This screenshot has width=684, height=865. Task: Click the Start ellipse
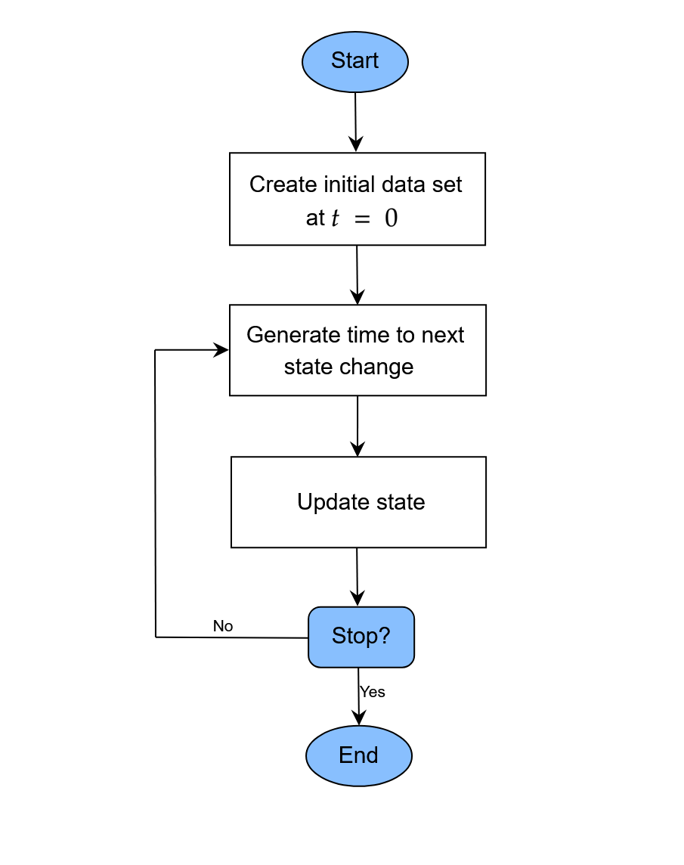[x=355, y=61]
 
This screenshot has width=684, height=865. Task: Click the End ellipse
[x=359, y=755]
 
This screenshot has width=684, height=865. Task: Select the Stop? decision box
[x=361, y=637]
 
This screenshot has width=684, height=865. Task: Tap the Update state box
[x=358, y=502]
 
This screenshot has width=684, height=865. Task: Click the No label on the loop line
[x=223, y=626]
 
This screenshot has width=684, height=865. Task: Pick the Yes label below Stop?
[x=373, y=692]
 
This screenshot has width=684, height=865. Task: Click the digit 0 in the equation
[x=391, y=219]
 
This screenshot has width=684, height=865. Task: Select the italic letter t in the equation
[x=336, y=219]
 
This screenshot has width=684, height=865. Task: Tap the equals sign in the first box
[x=364, y=219]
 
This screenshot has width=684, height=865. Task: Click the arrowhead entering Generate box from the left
[x=221, y=349]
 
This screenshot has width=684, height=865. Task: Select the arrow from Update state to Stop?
[x=357, y=576]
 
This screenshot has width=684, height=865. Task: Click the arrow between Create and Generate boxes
[x=357, y=274]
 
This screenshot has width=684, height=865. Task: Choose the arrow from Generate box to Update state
[x=358, y=425]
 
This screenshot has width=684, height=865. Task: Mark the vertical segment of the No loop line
[x=155, y=491]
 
